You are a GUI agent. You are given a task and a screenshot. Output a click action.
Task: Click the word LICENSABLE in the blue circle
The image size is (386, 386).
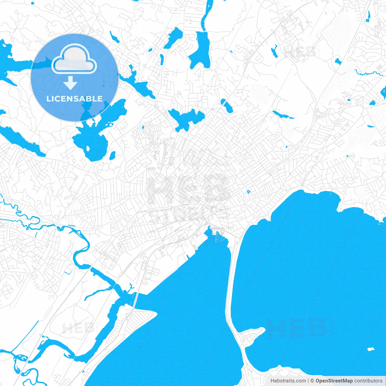click(x=74, y=99)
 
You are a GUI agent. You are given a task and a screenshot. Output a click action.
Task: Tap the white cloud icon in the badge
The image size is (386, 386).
click(x=74, y=59)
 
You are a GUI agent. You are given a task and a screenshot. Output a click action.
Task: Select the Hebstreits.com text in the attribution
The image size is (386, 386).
click(x=288, y=381)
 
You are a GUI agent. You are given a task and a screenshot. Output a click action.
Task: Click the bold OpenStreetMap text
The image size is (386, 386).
click(x=334, y=381)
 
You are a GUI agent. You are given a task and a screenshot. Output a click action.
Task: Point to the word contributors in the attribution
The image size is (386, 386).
click(x=368, y=381)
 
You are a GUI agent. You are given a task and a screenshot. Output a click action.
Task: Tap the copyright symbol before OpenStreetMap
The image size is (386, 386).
click(x=312, y=381)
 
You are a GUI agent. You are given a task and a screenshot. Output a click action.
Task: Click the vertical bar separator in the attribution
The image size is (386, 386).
click(x=308, y=381)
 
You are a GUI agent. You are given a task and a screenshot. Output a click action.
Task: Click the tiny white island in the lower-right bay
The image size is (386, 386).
click(x=371, y=349)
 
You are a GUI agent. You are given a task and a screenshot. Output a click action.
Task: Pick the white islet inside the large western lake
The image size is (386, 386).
click(x=88, y=148)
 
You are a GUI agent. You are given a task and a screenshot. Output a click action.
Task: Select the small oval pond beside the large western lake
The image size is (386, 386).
click(x=112, y=156)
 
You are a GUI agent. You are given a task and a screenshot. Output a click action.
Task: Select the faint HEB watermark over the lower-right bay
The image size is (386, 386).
click(x=297, y=328)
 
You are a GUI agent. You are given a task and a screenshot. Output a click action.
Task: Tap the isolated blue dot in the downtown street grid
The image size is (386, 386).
click(x=248, y=191)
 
